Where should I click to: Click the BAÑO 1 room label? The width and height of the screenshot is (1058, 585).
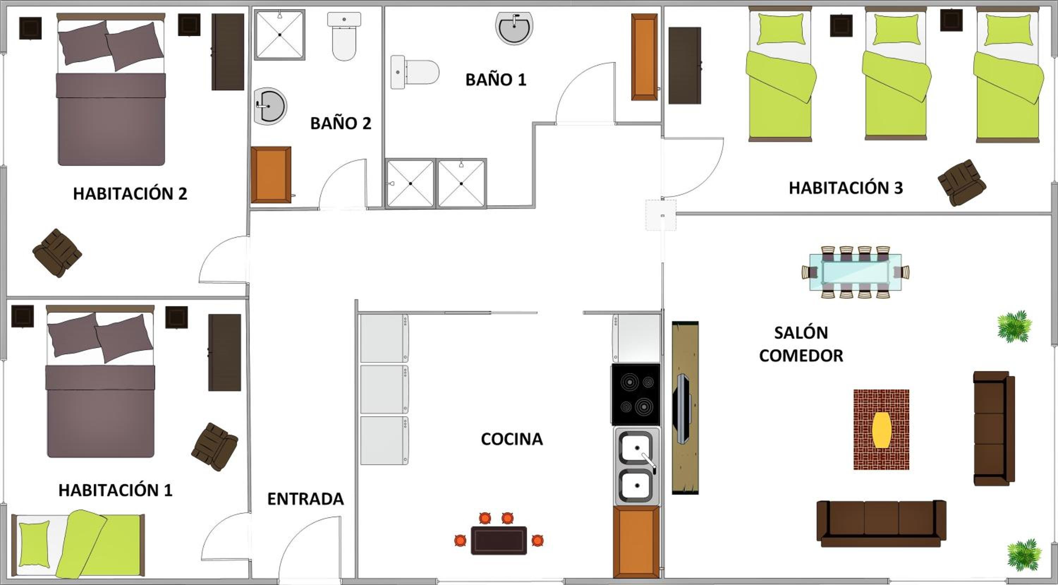(x=496, y=80)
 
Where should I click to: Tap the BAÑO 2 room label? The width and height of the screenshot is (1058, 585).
(x=340, y=123)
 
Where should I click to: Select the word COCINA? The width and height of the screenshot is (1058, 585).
(x=512, y=439)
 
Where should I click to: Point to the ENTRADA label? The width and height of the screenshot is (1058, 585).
(x=305, y=499)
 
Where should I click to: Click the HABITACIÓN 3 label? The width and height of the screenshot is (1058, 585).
(x=846, y=188)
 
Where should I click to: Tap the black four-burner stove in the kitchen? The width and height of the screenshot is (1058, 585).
(x=636, y=394)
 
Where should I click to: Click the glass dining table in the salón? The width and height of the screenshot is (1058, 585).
(x=855, y=272)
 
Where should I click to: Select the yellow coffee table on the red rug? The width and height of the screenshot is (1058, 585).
(x=881, y=430)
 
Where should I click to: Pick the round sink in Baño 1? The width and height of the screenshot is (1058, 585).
(x=514, y=28)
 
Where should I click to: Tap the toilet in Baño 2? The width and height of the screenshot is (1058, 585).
(x=344, y=36)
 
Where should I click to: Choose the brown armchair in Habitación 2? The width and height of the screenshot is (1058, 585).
(x=57, y=253)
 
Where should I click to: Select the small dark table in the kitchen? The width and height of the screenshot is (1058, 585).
(x=499, y=540)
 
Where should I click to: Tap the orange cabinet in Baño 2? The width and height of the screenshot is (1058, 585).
(x=271, y=175)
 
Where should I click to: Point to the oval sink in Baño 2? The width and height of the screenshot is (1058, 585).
(x=270, y=106)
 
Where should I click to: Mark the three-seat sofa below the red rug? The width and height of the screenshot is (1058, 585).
(x=881, y=523)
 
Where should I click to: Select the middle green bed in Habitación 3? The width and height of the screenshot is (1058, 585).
(x=896, y=74)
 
